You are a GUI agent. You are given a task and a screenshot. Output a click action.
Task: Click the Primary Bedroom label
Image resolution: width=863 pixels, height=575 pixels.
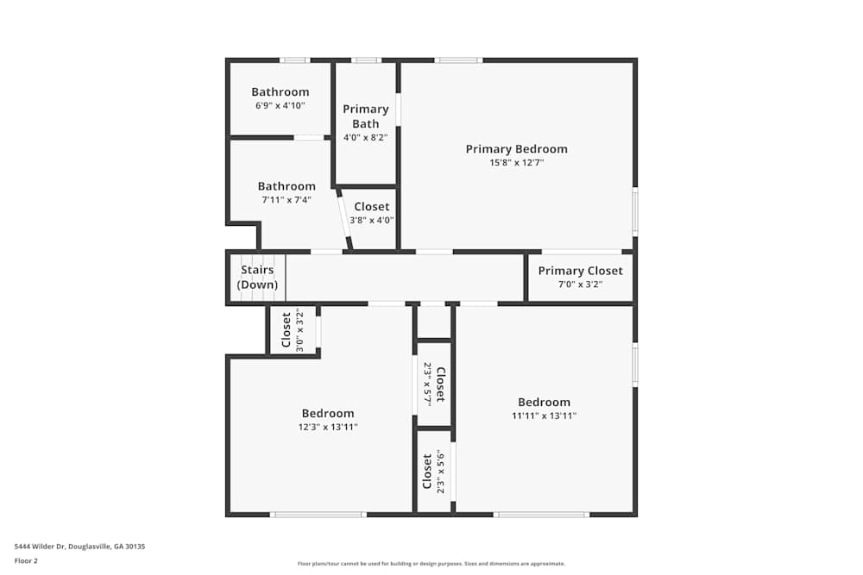(516, 149)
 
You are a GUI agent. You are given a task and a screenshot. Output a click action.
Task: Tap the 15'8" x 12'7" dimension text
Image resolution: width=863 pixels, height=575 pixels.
(516, 162)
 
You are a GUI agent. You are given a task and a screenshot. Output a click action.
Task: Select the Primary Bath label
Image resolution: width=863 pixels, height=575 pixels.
(366, 116)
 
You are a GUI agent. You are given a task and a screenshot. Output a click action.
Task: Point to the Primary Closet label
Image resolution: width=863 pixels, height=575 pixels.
(580, 271)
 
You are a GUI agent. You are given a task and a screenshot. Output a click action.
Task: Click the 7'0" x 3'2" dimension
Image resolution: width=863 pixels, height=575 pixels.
(580, 284)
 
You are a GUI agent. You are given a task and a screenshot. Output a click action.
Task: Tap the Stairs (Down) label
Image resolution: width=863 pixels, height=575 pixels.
(257, 278)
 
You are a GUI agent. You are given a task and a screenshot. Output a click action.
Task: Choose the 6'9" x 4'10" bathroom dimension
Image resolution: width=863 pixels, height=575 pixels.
(280, 105)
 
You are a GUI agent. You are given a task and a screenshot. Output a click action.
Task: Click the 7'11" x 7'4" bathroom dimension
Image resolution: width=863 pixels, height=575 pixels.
(287, 200)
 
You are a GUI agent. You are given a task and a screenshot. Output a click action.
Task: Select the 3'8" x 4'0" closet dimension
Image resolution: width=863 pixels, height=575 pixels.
(372, 220)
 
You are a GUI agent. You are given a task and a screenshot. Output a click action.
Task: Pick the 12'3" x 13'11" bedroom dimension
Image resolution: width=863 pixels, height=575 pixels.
(328, 427)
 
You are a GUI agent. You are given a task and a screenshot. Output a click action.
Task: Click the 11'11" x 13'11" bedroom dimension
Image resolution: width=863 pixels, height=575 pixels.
(544, 416)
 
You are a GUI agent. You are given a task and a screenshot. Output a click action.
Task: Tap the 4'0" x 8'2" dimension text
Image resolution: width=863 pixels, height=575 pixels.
(366, 137)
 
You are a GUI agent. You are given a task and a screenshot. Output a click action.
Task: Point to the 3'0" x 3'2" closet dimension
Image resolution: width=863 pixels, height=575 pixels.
(300, 330)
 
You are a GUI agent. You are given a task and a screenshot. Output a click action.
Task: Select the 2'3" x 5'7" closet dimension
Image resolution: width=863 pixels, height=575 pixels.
(427, 384)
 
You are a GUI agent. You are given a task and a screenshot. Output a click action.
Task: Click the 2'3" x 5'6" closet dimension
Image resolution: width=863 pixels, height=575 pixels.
(440, 471)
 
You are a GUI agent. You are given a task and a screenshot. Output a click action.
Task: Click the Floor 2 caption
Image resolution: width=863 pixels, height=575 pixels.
(27, 560)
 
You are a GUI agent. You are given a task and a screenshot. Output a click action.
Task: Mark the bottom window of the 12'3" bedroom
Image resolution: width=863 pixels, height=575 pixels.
(318, 515)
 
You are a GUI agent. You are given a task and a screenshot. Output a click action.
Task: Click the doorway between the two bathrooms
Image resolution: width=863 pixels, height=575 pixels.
(308, 138)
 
